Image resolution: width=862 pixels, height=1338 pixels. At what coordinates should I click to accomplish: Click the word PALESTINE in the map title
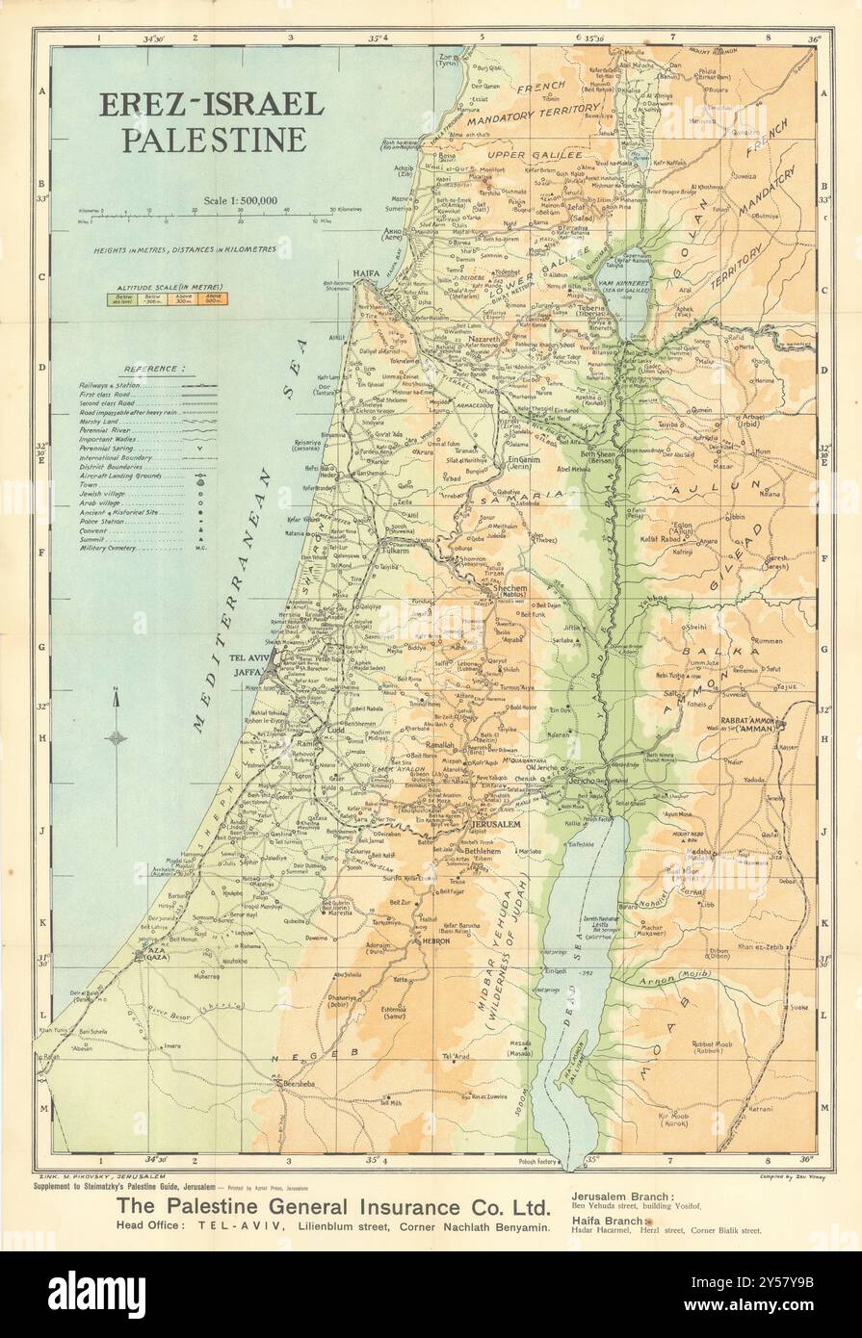(x=213, y=140)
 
